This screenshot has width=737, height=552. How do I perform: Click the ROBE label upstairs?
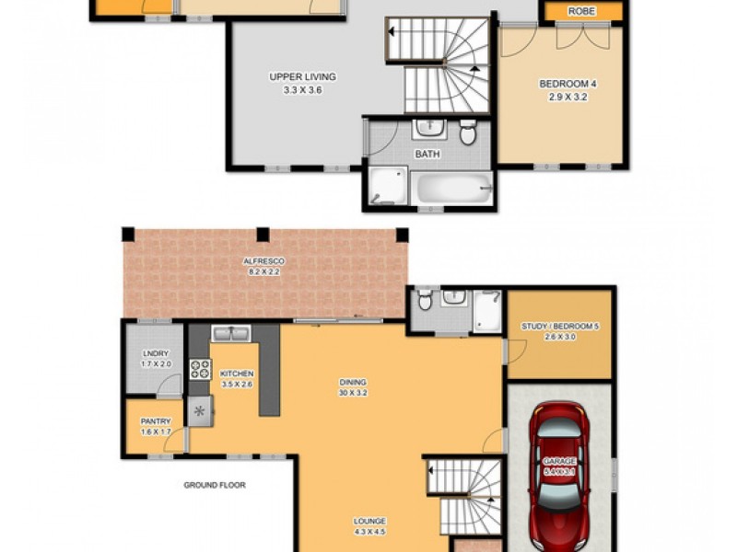(581, 11)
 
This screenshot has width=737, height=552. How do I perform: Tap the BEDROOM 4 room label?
(568, 84)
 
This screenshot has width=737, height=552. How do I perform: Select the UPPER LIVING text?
(302, 76)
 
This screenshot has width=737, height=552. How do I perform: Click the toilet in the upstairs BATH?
(467, 132)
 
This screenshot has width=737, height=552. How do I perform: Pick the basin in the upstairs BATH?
(429, 128)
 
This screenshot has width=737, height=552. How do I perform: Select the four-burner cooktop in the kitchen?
(200, 369)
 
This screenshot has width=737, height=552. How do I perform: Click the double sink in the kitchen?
(231, 333)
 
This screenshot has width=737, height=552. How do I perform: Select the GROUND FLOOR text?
(215, 485)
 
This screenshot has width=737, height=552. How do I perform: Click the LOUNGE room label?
(369, 521)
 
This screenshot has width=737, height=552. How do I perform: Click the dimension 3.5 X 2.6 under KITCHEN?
(236, 385)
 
